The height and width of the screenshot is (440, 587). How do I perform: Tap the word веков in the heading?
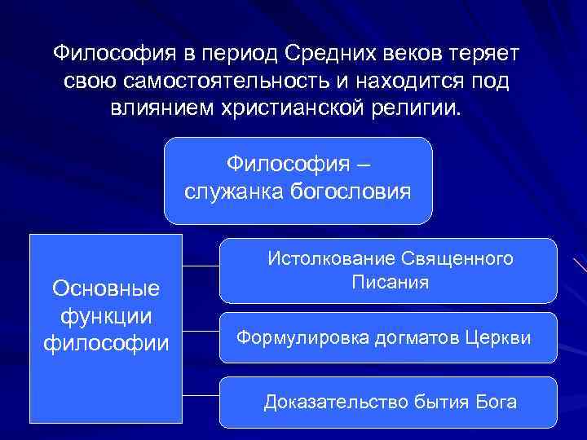[x=416, y=54]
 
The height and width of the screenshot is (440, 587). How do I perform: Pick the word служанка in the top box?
[x=232, y=192]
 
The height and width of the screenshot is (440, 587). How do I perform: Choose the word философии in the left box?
[x=105, y=342]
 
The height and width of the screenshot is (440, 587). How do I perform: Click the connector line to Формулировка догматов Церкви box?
[x=201, y=332]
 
